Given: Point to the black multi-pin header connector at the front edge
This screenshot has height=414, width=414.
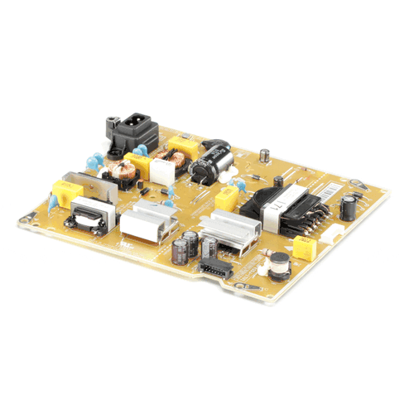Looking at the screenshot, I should point(217,267).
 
